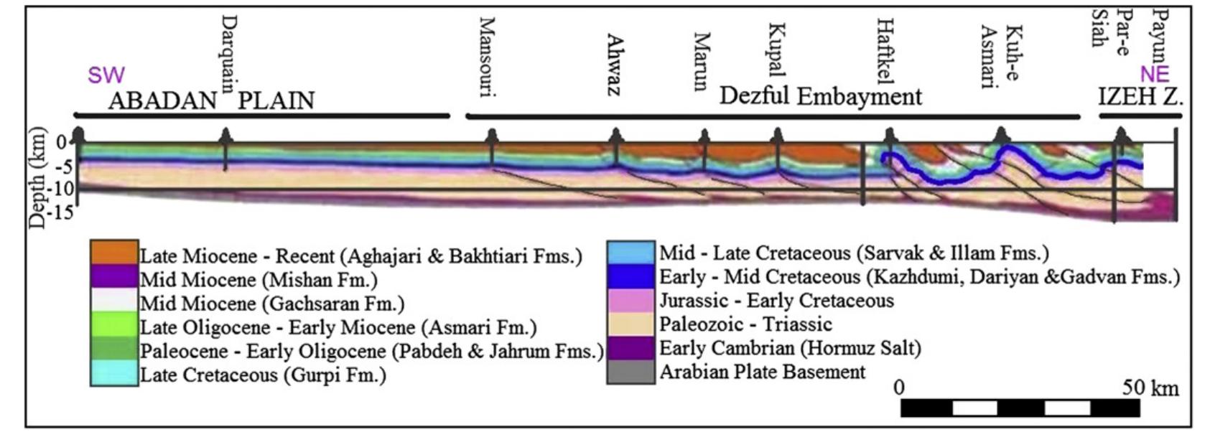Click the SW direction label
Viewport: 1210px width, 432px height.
pyautogui.click(x=106, y=75)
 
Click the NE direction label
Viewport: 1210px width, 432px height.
pyautogui.click(x=1155, y=74)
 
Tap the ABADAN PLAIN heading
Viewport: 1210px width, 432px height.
pyautogui.click(x=211, y=100)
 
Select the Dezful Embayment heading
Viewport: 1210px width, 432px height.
pyautogui.click(x=820, y=96)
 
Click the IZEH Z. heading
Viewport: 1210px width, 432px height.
pyautogui.click(x=1140, y=97)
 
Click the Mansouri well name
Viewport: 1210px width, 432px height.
pyautogui.click(x=488, y=57)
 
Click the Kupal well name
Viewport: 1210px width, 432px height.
pyautogui.click(x=776, y=50)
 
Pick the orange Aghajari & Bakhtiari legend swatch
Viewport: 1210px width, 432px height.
pyautogui.click(x=113, y=253)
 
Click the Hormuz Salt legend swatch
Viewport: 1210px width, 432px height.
pyautogui.click(x=630, y=348)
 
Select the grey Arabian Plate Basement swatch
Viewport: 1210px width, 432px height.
pyautogui.click(x=630, y=372)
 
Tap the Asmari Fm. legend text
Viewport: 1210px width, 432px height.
pyautogui.click(x=338, y=328)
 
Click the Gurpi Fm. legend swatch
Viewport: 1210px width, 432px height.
pyautogui.click(x=113, y=373)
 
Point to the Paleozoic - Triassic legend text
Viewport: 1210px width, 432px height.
pyautogui.click(x=745, y=324)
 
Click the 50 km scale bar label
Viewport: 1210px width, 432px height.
pyautogui.click(x=1150, y=388)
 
